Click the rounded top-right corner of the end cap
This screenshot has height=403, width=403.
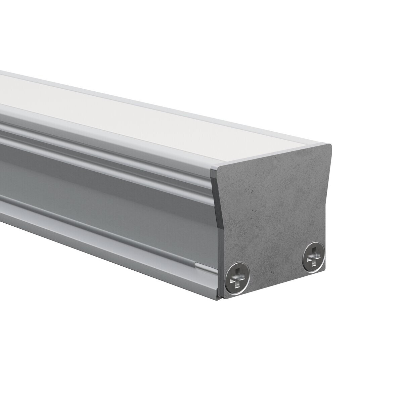[x=330, y=146]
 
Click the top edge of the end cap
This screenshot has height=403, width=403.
[x=274, y=155]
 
